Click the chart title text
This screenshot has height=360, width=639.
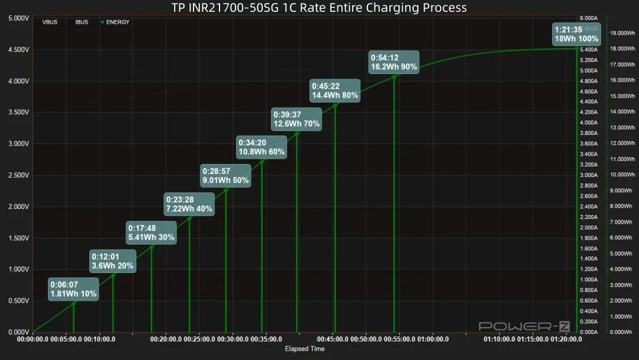coord(319,8)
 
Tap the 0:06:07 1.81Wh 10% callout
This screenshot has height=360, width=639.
coord(73,289)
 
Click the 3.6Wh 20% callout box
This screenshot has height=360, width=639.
coord(112,261)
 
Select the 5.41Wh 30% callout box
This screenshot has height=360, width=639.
coord(151,233)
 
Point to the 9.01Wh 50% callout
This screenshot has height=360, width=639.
coord(225,176)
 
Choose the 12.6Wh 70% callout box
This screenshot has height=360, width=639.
coord(296,119)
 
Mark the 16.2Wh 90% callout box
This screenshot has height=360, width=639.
coord(394,62)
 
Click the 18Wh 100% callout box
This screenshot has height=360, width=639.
coord(576,34)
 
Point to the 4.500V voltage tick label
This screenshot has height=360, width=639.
coord(18,50)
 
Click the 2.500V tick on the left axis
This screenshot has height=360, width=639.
coord(18,175)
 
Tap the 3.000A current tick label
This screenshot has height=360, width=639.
coord(588,175)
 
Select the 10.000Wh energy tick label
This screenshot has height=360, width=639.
coord(621,175)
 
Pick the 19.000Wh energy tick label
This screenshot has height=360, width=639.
coord(621,33)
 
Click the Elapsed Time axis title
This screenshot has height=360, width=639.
coord(305,349)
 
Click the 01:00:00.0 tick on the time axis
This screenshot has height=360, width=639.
coord(432,339)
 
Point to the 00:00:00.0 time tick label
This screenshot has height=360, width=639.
coord(33,339)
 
